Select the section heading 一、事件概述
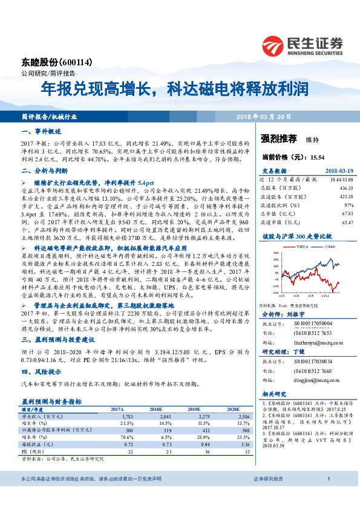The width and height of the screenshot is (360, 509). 43,131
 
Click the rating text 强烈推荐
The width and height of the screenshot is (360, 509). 278,138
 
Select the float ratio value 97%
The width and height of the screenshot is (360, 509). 340,205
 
